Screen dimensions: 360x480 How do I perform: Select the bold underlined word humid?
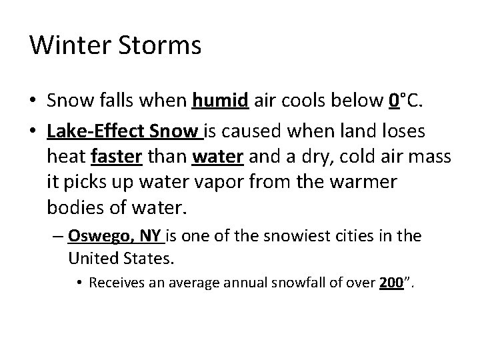click(x=220, y=101)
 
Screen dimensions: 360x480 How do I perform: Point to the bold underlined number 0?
click(x=393, y=101)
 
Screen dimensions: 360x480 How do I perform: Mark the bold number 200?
click(x=389, y=283)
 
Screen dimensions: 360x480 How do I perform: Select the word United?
click(x=91, y=256)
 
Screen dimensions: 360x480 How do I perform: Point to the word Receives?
click(x=114, y=283)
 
